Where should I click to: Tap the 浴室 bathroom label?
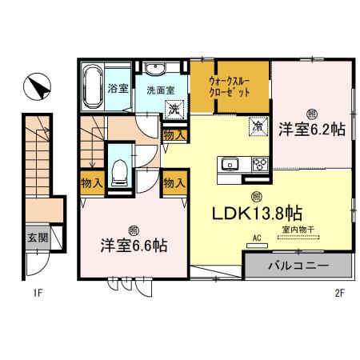click(118, 88)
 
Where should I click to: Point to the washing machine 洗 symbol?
click(174, 108)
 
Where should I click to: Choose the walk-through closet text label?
click(229, 86)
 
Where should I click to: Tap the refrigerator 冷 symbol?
click(258, 126)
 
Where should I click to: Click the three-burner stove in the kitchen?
click(261, 165)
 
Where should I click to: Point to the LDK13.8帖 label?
click(256, 214)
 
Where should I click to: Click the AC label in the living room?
click(258, 238)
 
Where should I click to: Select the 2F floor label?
click(338, 292)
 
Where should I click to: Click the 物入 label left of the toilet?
click(91, 183)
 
